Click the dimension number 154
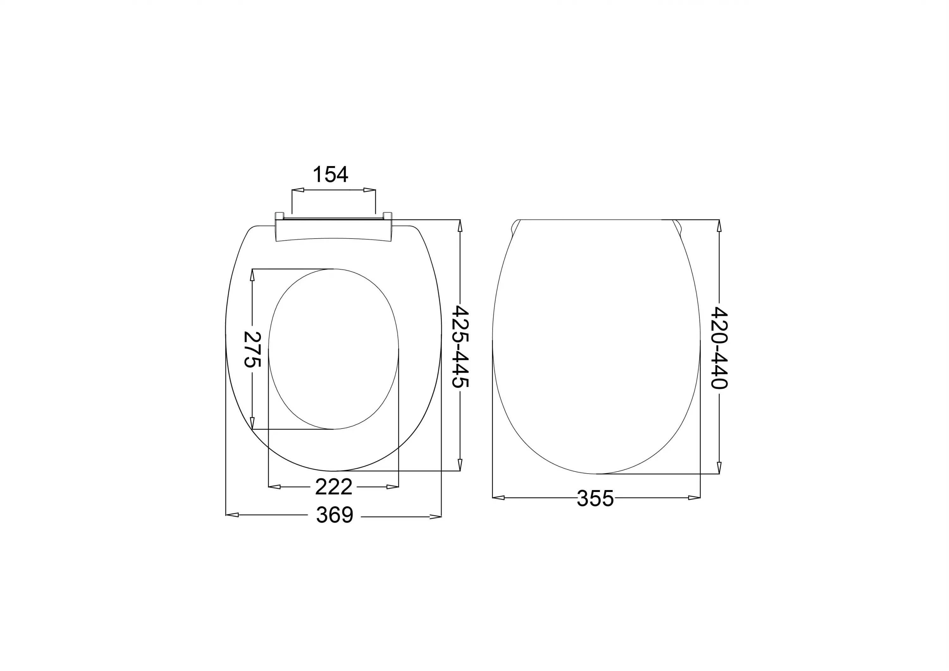click(x=330, y=174)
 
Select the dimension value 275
click(x=252, y=349)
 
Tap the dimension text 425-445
click(x=460, y=346)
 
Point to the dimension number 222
click(x=333, y=487)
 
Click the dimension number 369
click(x=334, y=515)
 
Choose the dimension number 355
click(x=595, y=498)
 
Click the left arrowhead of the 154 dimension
click(x=298, y=190)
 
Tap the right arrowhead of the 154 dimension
click(x=369, y=190)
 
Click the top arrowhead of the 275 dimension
click(x=252, y=275)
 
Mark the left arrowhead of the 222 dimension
click(x=275, y=487)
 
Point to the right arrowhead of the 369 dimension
click(x=436, y=516)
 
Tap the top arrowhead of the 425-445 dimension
click(x=460, y=226)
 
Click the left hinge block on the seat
click(x=279, y=215)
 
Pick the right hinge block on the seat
click(x=387, y=215)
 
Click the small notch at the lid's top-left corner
click(x=515, y=227)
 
